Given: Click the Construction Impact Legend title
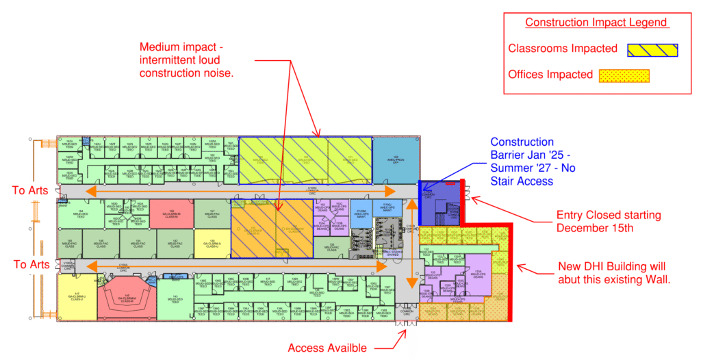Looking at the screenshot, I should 596,23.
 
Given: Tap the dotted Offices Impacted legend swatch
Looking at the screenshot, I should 624,75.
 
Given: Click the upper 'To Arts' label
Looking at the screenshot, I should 30,190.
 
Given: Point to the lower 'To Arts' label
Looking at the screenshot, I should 30,264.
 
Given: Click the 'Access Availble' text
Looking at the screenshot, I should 327,348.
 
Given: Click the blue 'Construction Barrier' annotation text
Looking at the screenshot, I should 522,162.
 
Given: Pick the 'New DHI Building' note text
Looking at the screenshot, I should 611,273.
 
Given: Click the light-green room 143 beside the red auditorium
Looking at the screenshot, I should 175,297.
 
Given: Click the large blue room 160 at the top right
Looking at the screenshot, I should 395,159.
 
